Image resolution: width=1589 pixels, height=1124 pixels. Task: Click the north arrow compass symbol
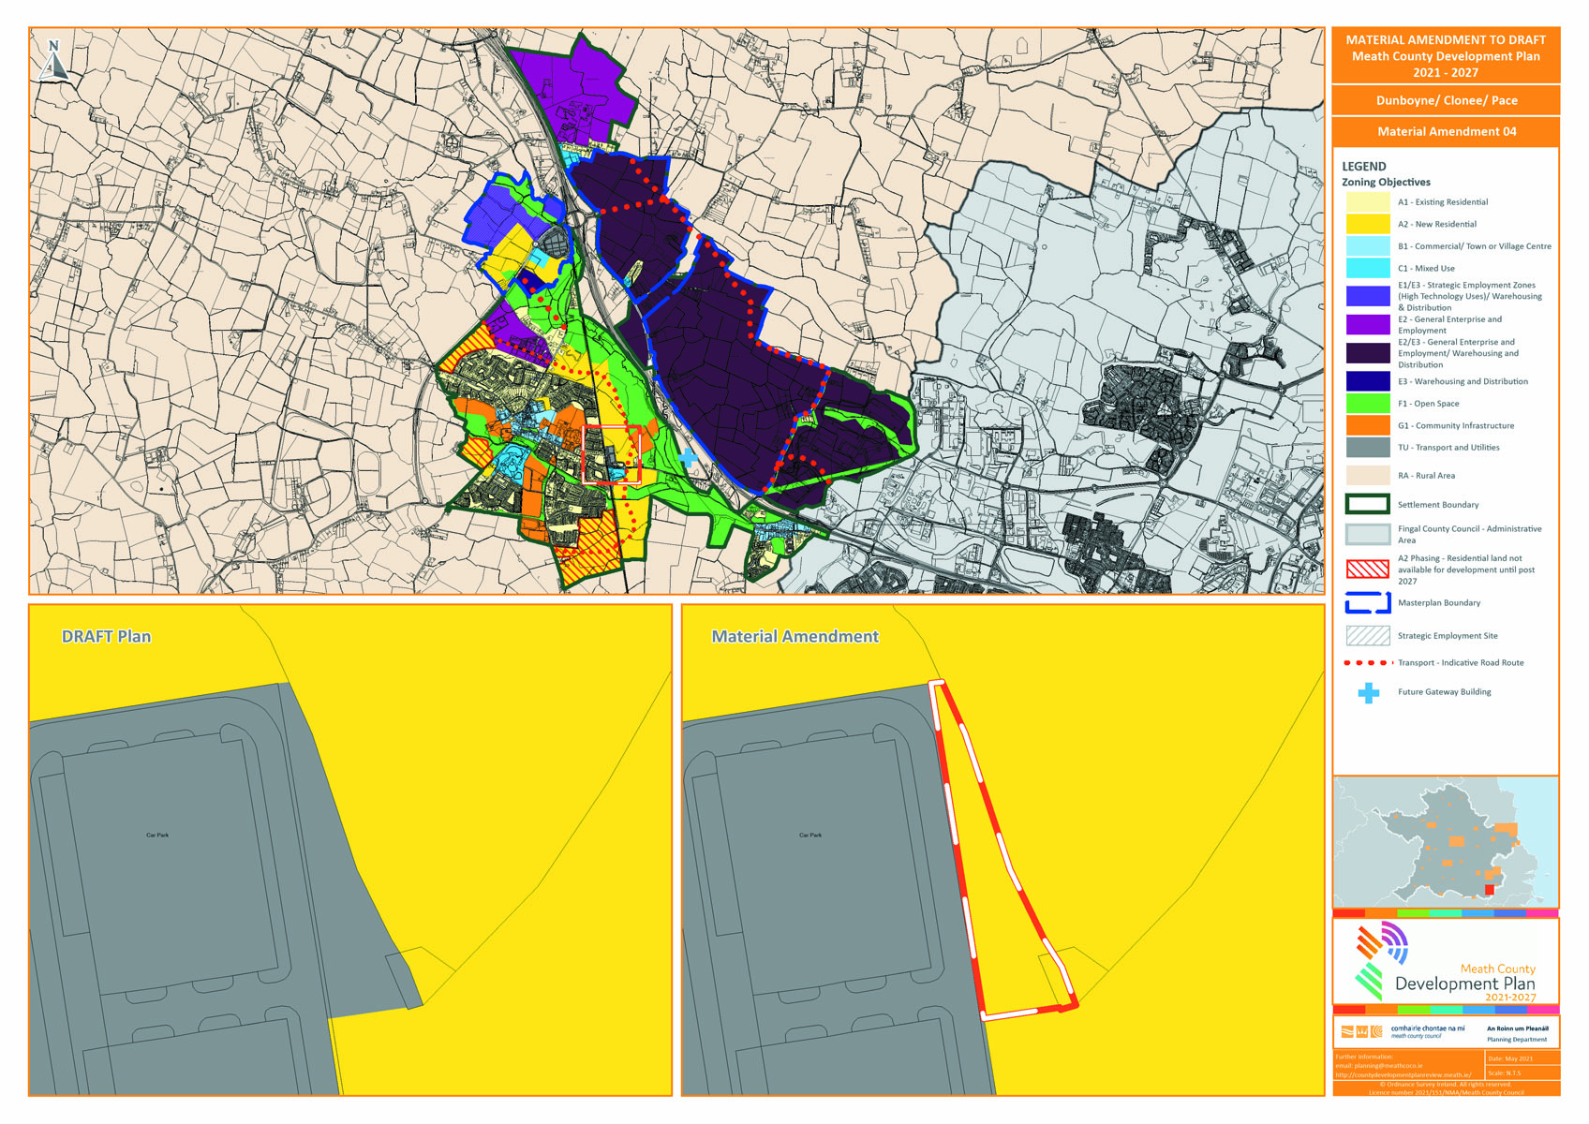point(53,60)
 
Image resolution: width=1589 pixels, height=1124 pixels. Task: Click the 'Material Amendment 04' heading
point(1446,132)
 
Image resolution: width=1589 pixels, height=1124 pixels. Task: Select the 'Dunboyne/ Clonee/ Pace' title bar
point(1446,100)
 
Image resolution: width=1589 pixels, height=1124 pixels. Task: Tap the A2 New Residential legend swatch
point(1367,224)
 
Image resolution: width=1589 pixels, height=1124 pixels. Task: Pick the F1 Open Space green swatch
point(1367,404)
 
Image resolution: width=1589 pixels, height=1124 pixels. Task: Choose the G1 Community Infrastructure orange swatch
point(1367,425)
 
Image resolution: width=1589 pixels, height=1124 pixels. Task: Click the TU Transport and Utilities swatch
point(1367,448)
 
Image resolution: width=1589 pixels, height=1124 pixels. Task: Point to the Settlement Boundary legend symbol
point(1367,505)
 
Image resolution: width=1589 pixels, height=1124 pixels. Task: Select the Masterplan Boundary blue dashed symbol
point(1367,603)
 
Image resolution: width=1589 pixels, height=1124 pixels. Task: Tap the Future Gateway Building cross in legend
point(1369,692)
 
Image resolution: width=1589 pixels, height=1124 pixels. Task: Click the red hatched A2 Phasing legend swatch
point(1367,569)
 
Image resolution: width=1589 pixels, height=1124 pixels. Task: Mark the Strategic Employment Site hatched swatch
point(1367,636)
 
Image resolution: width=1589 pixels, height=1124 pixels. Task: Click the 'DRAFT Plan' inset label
point(106,637)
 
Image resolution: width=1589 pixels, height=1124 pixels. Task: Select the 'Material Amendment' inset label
point(794,637)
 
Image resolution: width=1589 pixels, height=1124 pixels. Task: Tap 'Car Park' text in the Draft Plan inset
point(157,835)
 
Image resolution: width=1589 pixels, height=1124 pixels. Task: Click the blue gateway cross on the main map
point(688,457)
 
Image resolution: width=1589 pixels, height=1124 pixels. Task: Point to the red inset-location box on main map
point(611,454)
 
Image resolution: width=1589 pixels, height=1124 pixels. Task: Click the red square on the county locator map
point(1490,889)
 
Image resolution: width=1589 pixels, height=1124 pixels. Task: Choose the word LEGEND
point(1363,167)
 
